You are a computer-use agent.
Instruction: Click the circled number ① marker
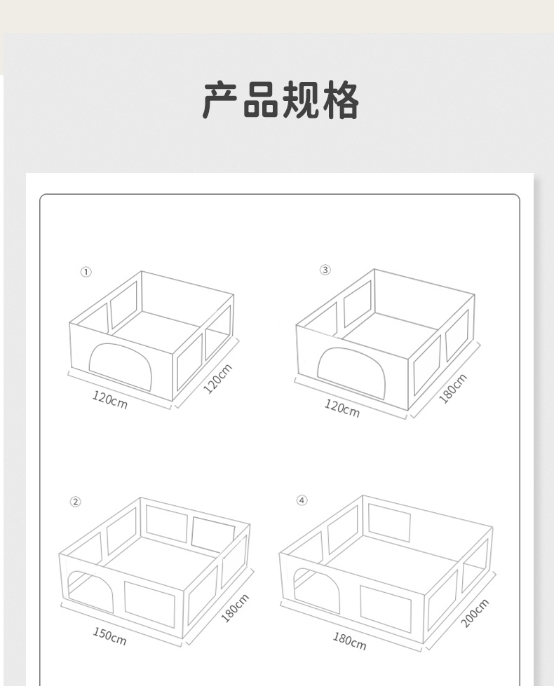(86, 272)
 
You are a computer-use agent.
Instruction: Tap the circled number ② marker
(75, 502)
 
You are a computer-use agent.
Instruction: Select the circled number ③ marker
(325, 270)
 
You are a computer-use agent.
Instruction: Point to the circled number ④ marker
(302, 500)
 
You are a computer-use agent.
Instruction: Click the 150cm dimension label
(109, 636)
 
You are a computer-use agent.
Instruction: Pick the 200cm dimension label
(475, 613)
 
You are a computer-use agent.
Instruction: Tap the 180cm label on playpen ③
(453, 388)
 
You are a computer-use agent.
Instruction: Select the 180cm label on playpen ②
(235, 608)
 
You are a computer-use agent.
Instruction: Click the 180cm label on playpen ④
(349, 641)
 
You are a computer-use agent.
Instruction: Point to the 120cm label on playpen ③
(342, 409)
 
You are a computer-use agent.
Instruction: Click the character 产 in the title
(220, 100)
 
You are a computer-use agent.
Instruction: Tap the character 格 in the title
(341, 100)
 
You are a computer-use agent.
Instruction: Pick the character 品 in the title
(261, 100)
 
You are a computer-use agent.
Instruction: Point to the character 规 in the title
(301, 100)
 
